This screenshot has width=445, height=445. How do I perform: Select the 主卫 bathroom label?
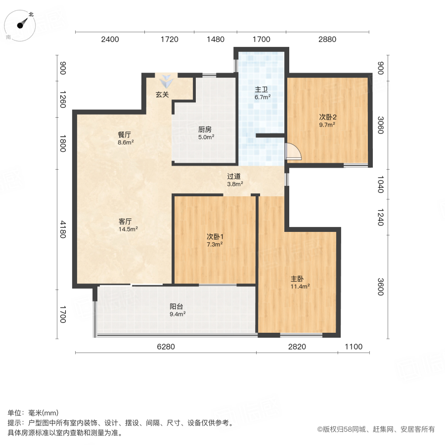click(x=262, y=90)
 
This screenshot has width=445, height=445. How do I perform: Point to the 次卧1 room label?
click(x=215, y=236)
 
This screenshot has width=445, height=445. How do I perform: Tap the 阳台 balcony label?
click(x=177, y=306)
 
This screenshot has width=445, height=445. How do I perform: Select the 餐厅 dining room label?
click(x=124, y=134)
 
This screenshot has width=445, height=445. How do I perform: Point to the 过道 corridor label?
click(x=234, y=176)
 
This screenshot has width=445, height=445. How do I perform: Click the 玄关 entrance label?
click(x=163, y=94)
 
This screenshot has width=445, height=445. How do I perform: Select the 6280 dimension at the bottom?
click(x=166, y=347)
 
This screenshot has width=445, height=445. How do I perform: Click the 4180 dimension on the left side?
click(x=63, y=229)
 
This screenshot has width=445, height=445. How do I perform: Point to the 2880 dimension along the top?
click(x=327, y=40)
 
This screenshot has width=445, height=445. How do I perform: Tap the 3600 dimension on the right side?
click(x=380, y=287)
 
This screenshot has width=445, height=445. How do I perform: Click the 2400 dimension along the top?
click(x=110, y=40)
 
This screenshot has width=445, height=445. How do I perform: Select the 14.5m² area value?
click(x=128, y=229)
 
